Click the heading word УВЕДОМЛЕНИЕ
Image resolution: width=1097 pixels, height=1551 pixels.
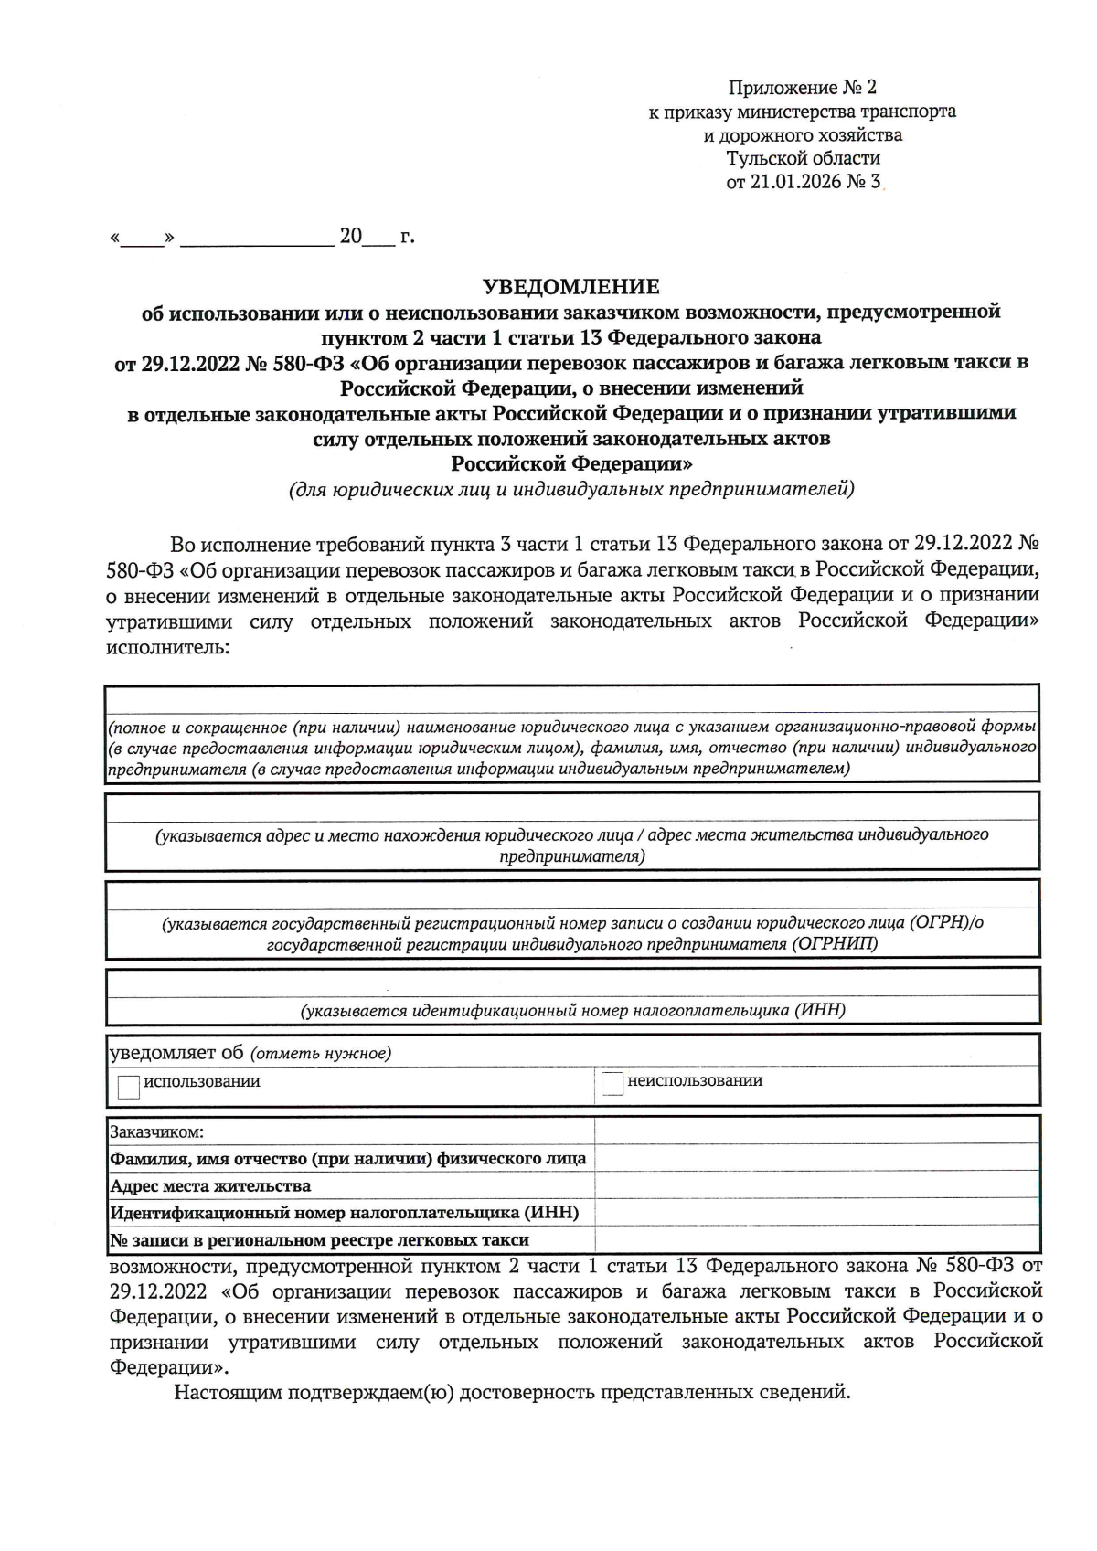tap(570, 287)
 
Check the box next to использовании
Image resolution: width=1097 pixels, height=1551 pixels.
tap(129, 1086)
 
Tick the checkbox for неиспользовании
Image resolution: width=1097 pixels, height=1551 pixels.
tap(612, 1084)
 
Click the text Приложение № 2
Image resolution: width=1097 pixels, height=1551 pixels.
tap(802, 88)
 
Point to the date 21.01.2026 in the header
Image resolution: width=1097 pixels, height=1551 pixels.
tap(794, 182)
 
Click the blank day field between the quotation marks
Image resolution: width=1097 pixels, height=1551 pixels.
tap(142, 239)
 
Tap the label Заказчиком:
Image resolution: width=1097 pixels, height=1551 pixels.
tap(156, 1131)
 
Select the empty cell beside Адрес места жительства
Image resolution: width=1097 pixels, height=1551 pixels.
tap(816, 1185)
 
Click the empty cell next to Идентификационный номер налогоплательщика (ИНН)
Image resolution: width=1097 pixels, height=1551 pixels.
tap(816, 1213)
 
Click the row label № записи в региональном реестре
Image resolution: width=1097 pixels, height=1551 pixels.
tap(319, 1240)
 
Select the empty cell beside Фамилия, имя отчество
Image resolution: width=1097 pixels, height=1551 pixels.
tap(816, 1158)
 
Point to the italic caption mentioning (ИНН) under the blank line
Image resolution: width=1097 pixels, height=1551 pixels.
tap(572, 1010)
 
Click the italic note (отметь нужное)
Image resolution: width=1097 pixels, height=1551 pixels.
tap(321, 1054)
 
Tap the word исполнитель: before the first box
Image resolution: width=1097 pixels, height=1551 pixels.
tap(167, 647)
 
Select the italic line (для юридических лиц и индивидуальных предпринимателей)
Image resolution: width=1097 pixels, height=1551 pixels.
tap(571, 490)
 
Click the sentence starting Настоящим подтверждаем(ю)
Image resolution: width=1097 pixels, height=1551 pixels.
tap(512, 1393)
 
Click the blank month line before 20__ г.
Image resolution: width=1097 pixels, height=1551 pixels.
tap(257, 239)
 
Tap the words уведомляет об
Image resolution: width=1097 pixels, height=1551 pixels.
tap(176, 1053)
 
